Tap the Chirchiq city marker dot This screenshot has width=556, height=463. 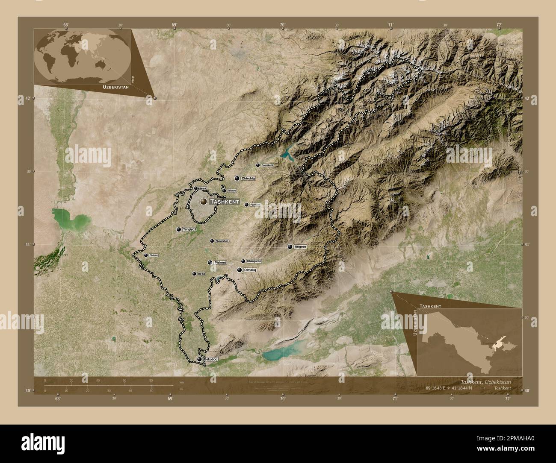click(x=237, y=179)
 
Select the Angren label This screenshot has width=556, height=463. click(x=301, y=247)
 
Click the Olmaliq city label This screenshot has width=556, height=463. click(x=250, y=270)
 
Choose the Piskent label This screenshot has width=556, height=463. click(x=220, y=262)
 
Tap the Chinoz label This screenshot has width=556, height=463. click(x=154, y=255)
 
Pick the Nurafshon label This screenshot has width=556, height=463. click(x=222, y=241)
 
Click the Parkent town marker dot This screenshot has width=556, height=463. click(x=246, y=205)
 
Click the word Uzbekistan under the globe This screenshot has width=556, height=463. click(x=115, y=87)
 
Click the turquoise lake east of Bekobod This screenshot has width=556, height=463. click(x=277, y=353)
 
